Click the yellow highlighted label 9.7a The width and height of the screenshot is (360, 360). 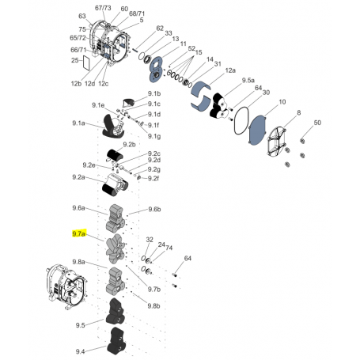[x=78, y=235]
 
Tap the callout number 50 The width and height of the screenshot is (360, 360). [x=317, y=123]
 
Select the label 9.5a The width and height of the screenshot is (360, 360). [x=248, y=81]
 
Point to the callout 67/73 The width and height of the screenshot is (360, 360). [x=104, y=7]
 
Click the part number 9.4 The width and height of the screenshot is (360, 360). [x=80, y=351]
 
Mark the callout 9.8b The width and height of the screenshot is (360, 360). [x=153, y=305]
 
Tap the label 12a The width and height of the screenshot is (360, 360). [x=230, y=70]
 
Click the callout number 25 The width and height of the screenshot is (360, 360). [x=75, y=60]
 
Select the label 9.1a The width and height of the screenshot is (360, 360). [x=78, y=123]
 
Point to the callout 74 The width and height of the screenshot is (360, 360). [x=169, y=248]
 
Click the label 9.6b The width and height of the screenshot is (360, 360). [x=154, y=210]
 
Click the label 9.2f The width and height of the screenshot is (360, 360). [x=154, y=178]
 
